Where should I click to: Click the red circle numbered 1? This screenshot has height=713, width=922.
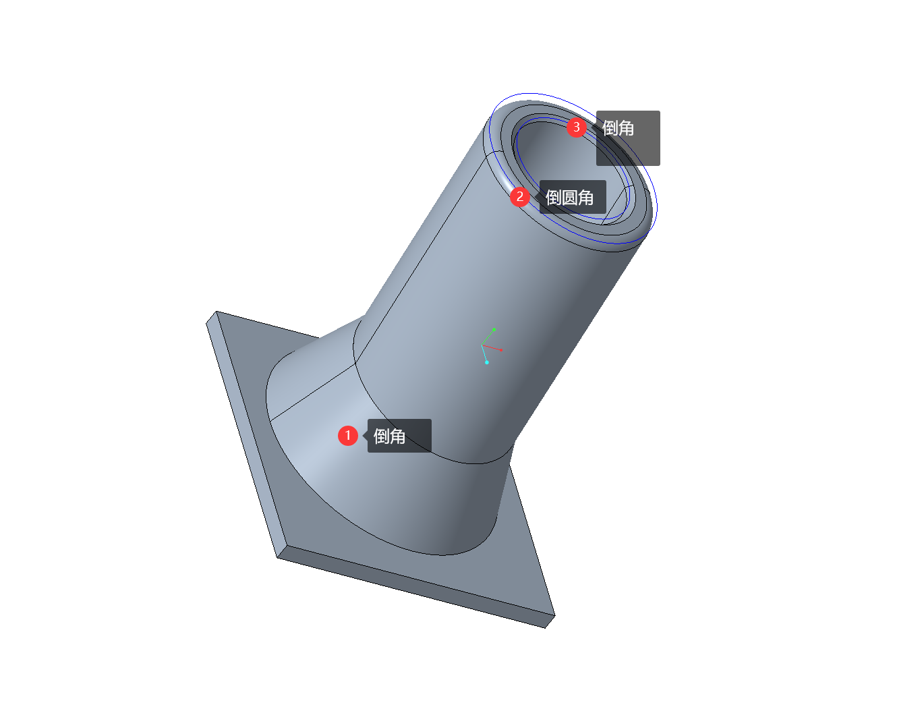(x=347, y=436)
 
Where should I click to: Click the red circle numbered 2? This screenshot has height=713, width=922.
(x=519, y=197)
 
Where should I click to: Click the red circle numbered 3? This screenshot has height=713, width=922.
(x=576, y=127)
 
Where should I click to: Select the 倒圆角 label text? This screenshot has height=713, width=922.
(x=569, y=197)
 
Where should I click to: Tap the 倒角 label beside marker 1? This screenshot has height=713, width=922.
(x=389, y=436)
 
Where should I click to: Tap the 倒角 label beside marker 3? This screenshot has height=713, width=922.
(x=618, y=128)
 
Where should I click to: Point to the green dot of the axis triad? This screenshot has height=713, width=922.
(x=494, y=329)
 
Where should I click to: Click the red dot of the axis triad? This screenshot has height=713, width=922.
(x=501, y=350)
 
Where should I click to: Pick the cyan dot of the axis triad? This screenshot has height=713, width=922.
(x=487, y=362)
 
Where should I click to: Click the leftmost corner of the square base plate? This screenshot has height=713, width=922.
(x=206, y=323)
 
